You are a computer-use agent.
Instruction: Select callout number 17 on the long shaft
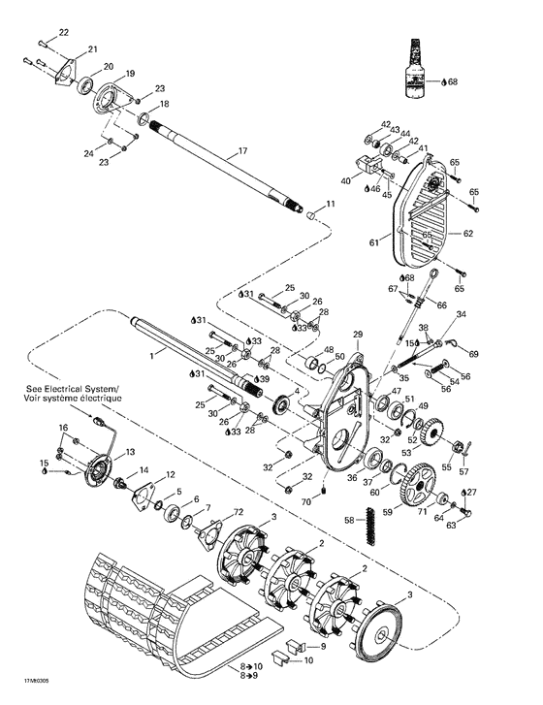pos(243,151)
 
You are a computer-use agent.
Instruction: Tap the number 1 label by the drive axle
pos(151,356)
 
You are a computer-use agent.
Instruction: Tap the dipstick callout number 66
pos(442,305)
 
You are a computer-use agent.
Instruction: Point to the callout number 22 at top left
pos(64,34)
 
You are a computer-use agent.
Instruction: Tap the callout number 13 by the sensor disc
pos(129,453)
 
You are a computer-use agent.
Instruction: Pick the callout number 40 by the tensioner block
pos(345,181)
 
